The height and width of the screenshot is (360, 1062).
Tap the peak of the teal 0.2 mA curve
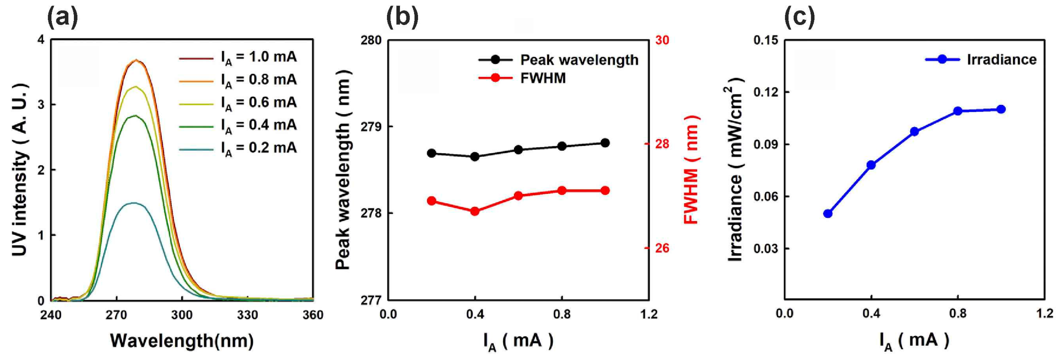[133, 203]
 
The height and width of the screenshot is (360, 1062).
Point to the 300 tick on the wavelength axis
[182, 315]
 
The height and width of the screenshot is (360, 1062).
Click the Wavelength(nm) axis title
[182, 341]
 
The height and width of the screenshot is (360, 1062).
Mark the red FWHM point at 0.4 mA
[474, 211]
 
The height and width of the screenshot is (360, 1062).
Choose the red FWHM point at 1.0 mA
[605, 191]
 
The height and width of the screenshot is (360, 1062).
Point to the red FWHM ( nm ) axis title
[691, 169]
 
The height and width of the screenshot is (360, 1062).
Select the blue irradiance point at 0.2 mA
[827, 214]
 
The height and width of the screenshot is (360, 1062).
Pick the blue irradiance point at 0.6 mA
[915, 132]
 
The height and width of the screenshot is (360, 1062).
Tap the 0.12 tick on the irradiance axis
[765, 92]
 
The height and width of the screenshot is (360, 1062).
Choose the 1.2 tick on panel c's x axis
[1044, 313]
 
